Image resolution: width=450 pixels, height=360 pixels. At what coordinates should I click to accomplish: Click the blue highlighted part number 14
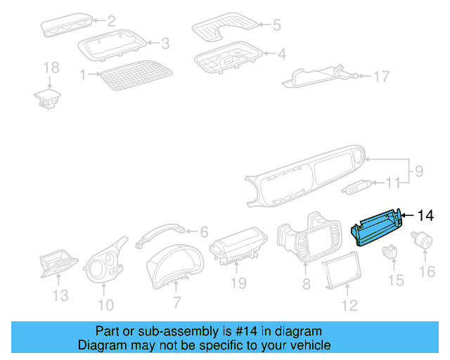point(376,230)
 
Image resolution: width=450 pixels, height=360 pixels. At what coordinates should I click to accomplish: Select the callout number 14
point(427,216)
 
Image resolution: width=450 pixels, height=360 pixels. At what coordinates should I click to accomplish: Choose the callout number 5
point(276,26)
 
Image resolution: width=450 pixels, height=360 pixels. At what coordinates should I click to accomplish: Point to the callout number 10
point(105,305)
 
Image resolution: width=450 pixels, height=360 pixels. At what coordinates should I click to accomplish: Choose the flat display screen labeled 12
point(342,272)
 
